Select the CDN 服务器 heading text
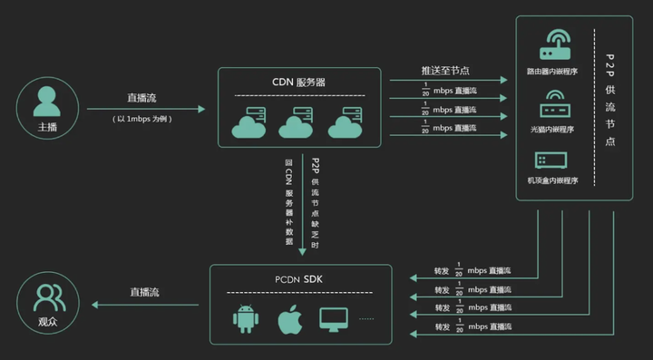pyautogui.click(x=299, y=82)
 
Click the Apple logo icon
pyautogui.click(x=288, y=319)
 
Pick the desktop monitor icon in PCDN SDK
pyautogui.click(x=334, y=319)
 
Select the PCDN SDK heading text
pyautogui.click(x=300, y=277)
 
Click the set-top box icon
pyautogui.click(x=553, y=160)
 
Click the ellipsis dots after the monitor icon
pyautogui.click(x=366, y=319)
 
